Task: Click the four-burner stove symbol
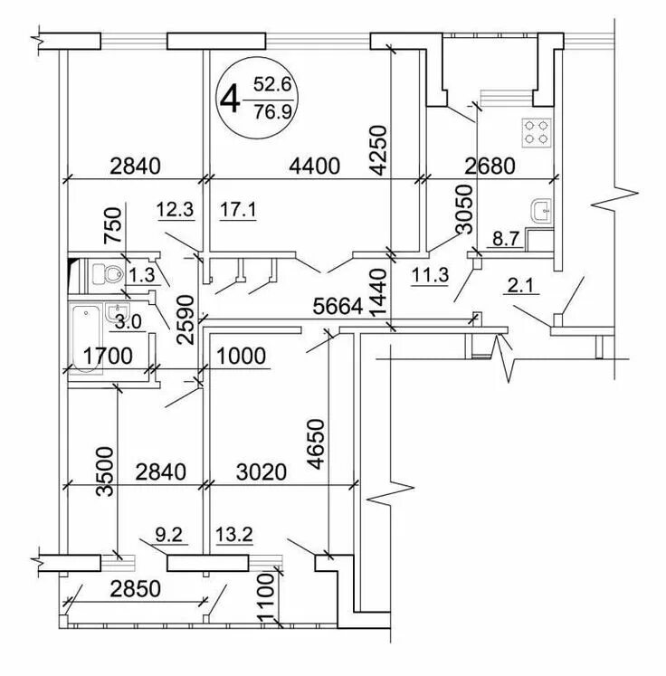click(x=536, y=133)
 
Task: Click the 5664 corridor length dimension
click(x=335, y=307)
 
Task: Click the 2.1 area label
click(x=521, y=288)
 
